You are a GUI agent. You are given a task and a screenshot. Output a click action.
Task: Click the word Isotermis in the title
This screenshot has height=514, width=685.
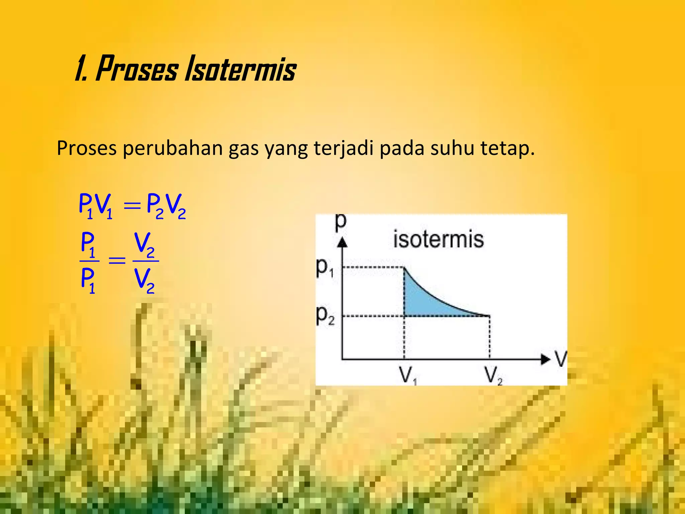point(240,70)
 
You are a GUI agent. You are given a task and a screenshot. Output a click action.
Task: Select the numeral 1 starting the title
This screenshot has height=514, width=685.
point(80,70)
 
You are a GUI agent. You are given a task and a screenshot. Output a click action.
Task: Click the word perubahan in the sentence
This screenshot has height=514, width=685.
point(173,148)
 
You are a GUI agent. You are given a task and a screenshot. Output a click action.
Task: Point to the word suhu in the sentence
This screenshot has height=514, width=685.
point(452,148)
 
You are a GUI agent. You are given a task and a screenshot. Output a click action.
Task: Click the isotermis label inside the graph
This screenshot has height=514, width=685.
point(438,240)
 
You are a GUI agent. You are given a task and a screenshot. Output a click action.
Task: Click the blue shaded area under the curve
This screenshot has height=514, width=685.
point(421,303)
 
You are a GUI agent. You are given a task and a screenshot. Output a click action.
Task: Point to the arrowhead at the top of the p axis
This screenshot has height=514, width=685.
point(342,242)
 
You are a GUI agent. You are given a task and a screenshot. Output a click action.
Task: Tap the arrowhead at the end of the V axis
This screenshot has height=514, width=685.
point(545,359)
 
